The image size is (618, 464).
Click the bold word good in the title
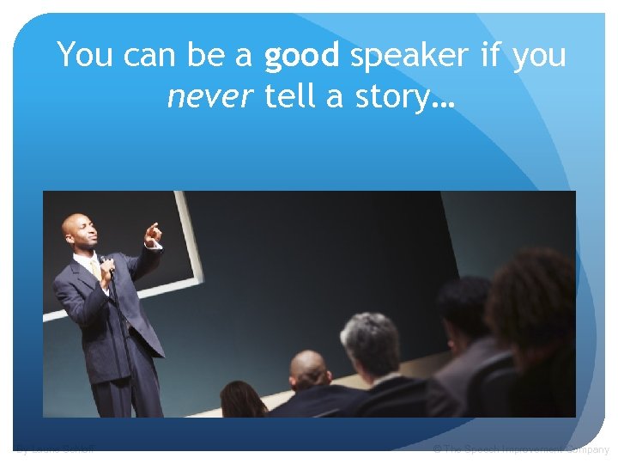pyautogui.click(x=301, y=57)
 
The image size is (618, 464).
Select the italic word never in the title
pyautogui.click(x=210, y=97)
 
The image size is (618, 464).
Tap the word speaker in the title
pyautogui.click(x=409, y=57)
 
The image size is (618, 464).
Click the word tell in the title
pyautogui.click(x=291, y=97)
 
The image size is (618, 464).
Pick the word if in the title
pyautogui.click(x=491, y=57)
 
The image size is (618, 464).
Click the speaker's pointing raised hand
pyautogui.click(x=153, y=233)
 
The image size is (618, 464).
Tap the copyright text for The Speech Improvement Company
pyautogui.click(x=520, y=449)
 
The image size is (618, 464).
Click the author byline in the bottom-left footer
pyautogui.click(x=56, y=449)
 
